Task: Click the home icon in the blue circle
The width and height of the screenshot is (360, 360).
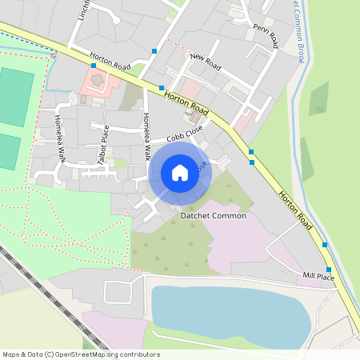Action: coord(180,173)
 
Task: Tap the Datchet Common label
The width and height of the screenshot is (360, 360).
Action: coord(214,216)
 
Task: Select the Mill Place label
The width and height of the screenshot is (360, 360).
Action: coord(318,276)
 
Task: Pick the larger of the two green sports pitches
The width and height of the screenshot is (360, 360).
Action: coord(17,96)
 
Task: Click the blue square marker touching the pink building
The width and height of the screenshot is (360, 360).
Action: coord(94,66)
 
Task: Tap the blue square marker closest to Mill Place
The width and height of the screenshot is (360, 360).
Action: coord(329,270)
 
